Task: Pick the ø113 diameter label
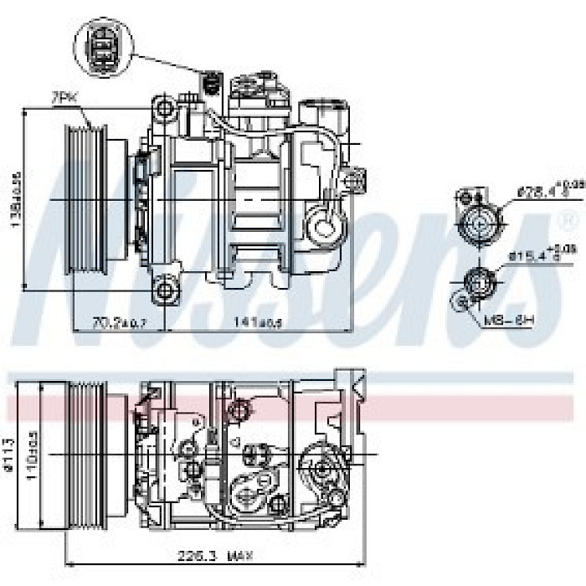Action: point(10,452)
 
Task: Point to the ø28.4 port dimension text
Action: point(537,189)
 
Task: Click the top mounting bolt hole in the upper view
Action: point(166,108)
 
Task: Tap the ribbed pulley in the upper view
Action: point(87,200)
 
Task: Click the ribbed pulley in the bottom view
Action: point(89,452)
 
